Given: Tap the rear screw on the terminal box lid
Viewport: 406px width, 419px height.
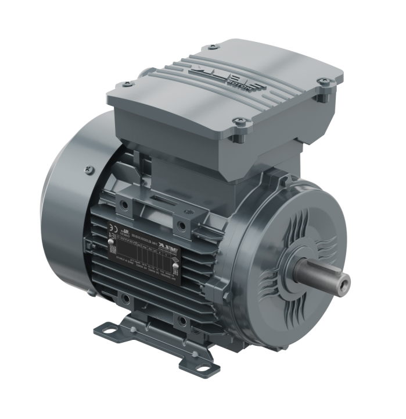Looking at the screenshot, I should tap(213, 46).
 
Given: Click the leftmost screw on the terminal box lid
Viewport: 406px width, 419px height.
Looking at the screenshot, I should tap(126, 85).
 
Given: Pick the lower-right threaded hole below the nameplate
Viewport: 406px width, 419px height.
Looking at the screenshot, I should tap(182, 319).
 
